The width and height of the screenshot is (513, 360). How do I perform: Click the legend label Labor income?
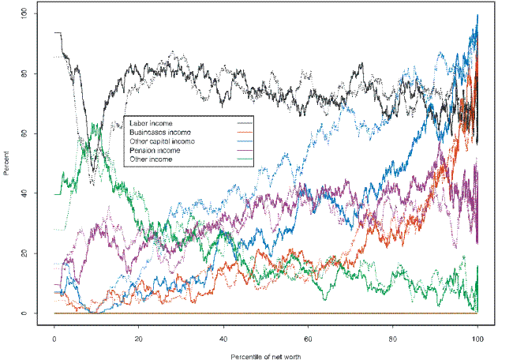[152, 123]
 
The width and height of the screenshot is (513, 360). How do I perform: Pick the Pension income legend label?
[155, 150]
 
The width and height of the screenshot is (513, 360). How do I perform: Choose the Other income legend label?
[151, 159]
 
